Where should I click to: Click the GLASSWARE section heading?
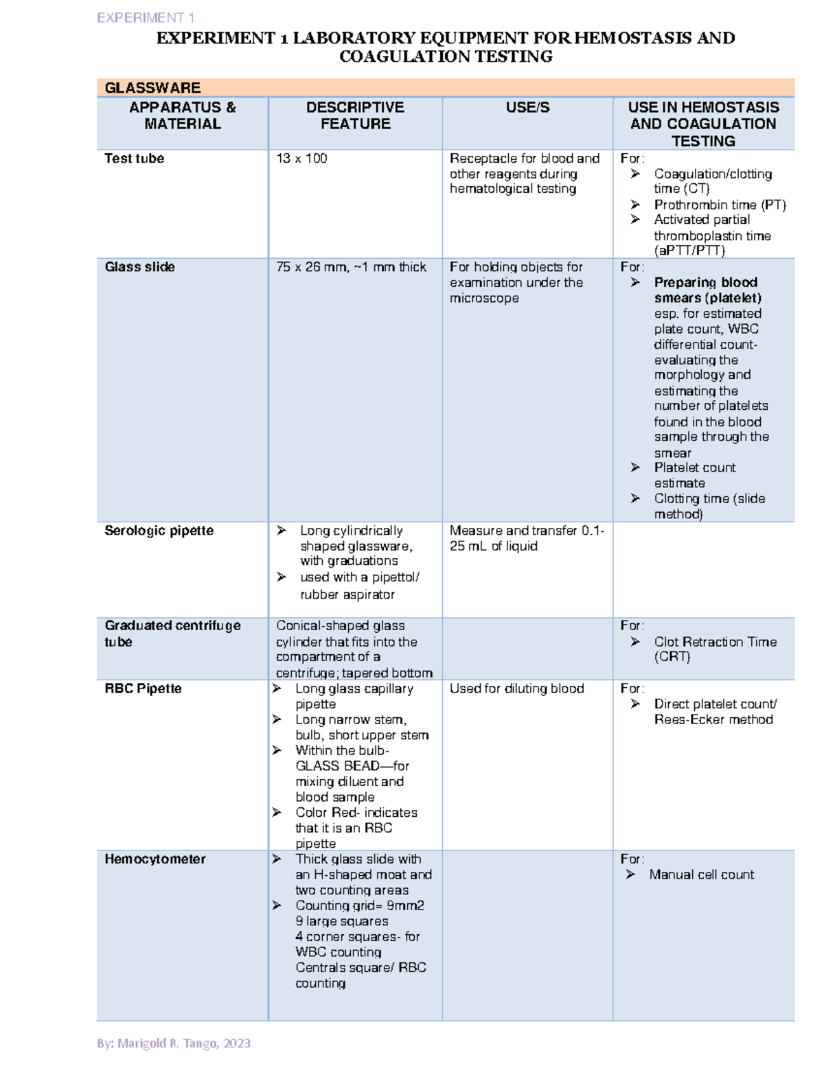[x=152, y=88]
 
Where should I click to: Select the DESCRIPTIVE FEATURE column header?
[x=355, y=115]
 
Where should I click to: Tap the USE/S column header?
[x=527, y=107]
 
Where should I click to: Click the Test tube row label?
[x=134, y=159]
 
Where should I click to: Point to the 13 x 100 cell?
[x=301, y=159]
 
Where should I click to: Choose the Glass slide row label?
[x=139, y=267]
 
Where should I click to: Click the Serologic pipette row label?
[x=159, y=531]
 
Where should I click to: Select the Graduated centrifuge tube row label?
[x=172, y=634]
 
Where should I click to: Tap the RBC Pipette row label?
[x=143, y=688]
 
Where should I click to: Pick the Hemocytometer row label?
[x=154, y=859]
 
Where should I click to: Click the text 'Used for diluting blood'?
[x=516, y=688]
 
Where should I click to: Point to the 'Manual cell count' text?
[x=701, y=874]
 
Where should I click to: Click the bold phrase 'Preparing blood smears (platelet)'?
[x=707, y=290]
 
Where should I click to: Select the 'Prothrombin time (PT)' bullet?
[x=720, y=205]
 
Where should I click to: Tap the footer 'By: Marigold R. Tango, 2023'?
[x=174, y=1043]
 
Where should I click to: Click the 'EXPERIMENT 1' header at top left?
[x=146, y=18]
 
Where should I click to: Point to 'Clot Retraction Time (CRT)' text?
[x=715, y=649]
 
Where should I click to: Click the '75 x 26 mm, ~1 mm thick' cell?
[x=351, y=267]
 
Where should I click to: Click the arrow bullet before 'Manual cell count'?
[x=630, y=874]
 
